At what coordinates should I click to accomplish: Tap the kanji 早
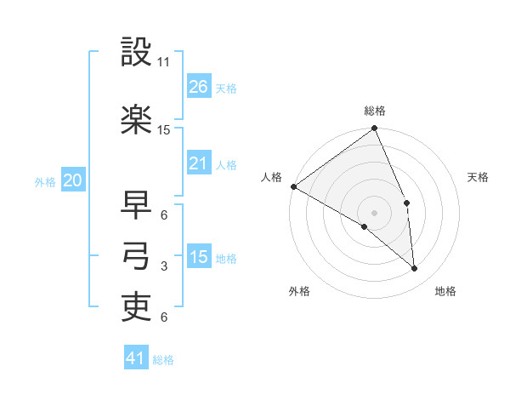pos(136,205)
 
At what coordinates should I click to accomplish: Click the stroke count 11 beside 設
pos(164,62)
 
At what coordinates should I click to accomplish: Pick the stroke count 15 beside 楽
pos(164,130)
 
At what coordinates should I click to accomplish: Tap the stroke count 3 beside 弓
pos(164,266)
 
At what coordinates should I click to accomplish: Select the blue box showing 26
pos(199,87)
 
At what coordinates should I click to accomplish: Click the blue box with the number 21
pos(199,163)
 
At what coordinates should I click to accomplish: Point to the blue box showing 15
pos(199,257)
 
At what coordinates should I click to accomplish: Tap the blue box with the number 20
pos(72,180)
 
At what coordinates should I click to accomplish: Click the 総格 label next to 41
pos(163,360)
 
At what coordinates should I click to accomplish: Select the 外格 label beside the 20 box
pos(45,181)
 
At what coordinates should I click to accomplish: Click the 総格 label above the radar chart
pos(375,111)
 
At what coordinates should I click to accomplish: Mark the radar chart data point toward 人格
pos(293,186)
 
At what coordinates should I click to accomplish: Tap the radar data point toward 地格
pos(415,269)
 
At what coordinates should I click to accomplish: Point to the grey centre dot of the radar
pos(374,212)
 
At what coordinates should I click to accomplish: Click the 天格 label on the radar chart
pos(479,177)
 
